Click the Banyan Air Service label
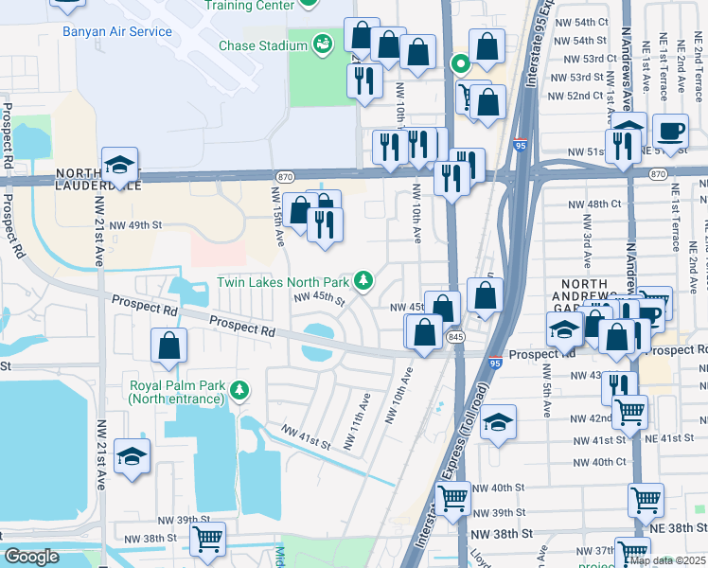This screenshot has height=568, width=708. [117, 31]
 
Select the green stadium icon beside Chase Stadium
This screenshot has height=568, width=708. [324, 44]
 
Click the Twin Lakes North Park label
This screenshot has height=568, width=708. [282, 281]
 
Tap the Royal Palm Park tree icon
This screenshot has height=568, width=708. [241, 389]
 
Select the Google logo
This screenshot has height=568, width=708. [31, 557]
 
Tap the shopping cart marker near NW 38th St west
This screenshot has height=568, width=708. [207, 539]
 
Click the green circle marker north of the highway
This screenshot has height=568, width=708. [460, 64]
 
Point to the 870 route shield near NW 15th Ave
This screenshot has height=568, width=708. [285, 177]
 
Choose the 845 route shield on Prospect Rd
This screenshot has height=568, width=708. [456, 337]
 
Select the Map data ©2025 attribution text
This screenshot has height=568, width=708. [668, 560]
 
